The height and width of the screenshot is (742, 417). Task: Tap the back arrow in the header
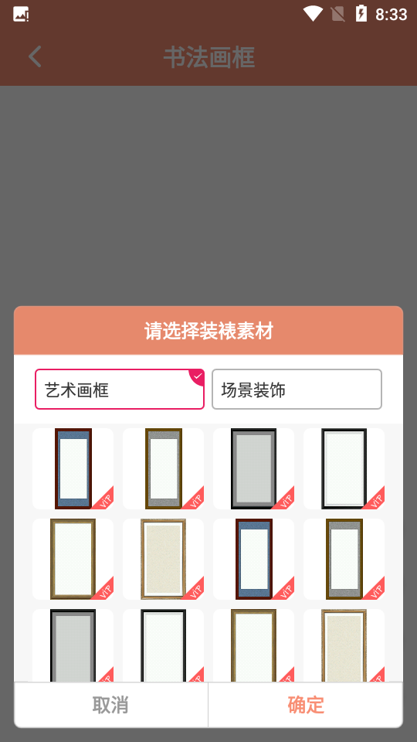(35, 56)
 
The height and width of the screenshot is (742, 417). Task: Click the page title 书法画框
(209, 57)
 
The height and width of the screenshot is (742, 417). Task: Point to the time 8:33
(391, 14)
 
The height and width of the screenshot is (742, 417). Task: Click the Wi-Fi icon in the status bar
(313, 13)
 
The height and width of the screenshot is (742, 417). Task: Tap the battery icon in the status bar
(361, 13)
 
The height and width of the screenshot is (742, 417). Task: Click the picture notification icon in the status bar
(21, 14)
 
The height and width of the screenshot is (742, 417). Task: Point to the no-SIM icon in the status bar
(337, 13)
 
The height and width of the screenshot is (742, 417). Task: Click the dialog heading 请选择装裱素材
(208, 332)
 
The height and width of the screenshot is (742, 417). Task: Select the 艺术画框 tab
(119, 390)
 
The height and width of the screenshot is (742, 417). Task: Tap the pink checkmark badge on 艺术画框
(198, 376)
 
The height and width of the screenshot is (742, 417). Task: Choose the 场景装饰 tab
(297, 390)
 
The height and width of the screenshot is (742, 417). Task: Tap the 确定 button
(306, 705)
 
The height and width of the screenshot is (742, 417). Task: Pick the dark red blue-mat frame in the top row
(73, 468)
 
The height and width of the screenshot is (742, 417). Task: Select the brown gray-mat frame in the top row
(164, 468)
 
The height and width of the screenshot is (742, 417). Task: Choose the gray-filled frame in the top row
(253, 468)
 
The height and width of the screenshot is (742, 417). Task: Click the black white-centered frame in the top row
(344, 468)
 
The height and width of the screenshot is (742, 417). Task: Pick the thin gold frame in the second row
(73, 559)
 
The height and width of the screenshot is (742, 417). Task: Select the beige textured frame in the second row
(163, 559)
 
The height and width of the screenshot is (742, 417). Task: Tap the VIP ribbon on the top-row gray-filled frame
(285, 499)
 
